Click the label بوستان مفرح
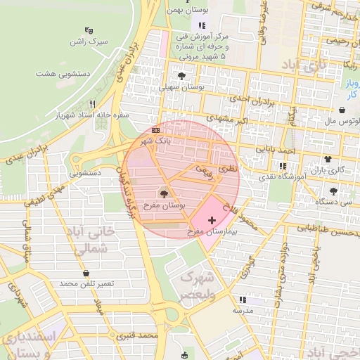[x=162, y=205]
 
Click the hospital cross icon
[x=212, y=221]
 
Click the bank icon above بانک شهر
[x=155, y=130]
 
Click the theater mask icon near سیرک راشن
[x=89, y=30]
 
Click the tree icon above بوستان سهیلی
[x=182, y=75]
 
